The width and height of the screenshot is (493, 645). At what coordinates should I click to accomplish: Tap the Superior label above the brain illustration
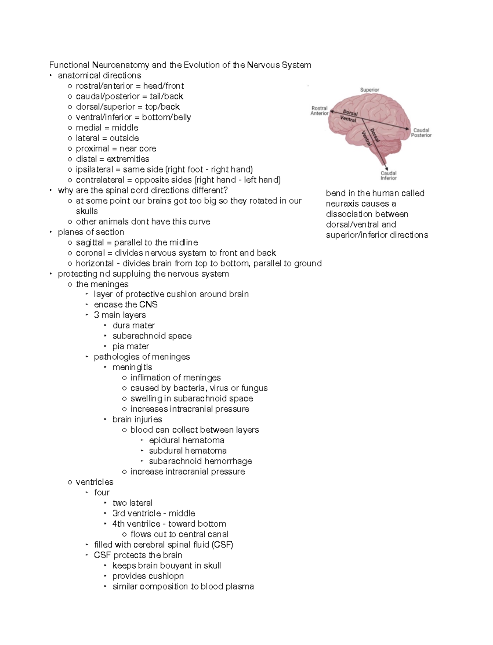pyautogui.click(x=369, y=90)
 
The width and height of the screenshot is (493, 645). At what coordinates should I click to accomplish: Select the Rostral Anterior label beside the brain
pyautogui.click(x=320, y=111)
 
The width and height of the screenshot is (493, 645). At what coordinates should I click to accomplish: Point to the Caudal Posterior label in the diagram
pyautogui.click(x=422, y=133)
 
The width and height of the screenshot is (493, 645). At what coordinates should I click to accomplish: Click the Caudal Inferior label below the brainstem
pyautogui.click(x=388, y=175)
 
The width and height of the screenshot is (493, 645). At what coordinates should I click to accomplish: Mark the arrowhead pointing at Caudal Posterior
pyautogui.click(x=408, y=129)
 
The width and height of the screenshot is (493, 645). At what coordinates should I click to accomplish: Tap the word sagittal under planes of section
pyautogui.click(x=90, y=242)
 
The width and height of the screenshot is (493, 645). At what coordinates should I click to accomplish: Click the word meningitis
pyautogui.click(x=132, y=367)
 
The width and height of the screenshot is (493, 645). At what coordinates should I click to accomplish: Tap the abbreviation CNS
pyautogui.click(x=148, y=304)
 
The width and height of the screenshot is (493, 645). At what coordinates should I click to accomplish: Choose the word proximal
pyautogui.click(x=92, y=149)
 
